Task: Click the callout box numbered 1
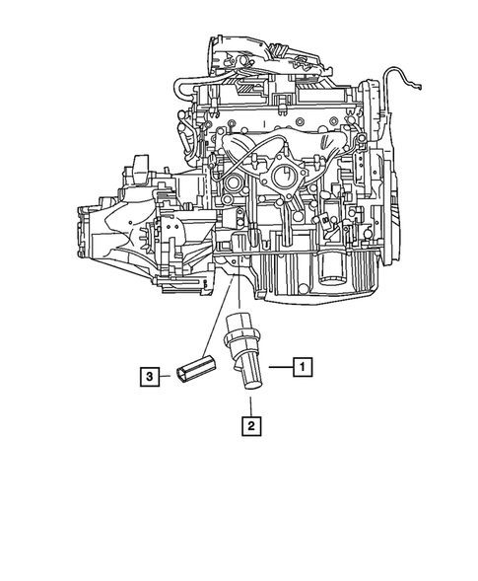[x=303, y=366]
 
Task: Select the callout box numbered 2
[x=253, y=426]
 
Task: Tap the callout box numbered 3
[x=148, y=376]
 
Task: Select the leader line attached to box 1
[x=279, y=366]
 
